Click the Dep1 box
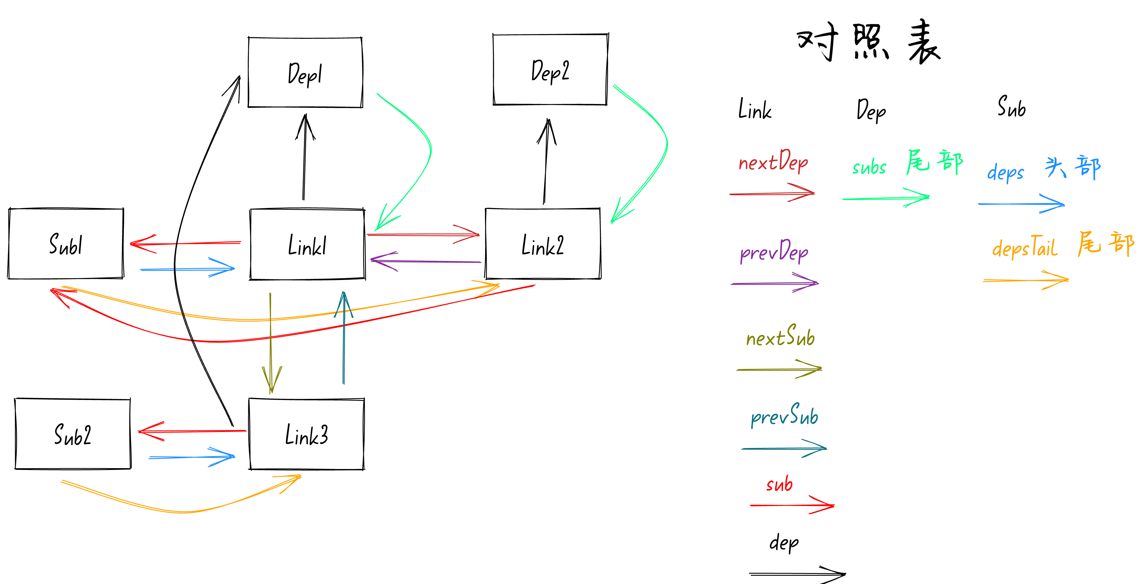[x=305, y=73]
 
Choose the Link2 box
[x=543, y=244]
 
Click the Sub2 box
[x=73, y=434]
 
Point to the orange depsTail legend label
[x=1024, y=248]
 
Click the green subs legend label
[x=869, y=167]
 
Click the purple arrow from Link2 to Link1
[x=426, y=261]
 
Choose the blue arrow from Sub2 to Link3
[x=192, y=457]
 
